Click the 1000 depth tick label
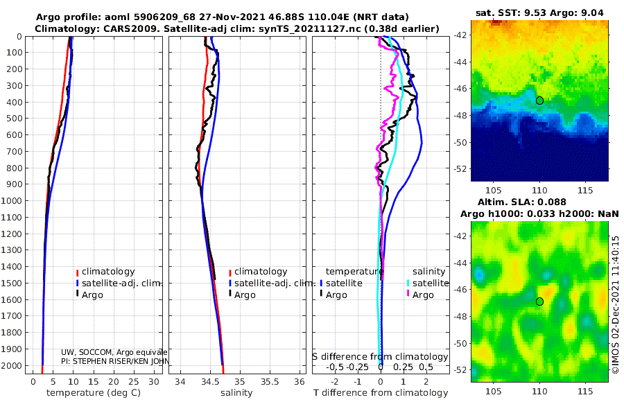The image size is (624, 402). (x=13, y=201)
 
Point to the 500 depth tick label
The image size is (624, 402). (x=15, y=119)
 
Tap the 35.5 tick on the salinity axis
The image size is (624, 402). (x=270, y=381)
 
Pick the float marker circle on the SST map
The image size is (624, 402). (x=539, y=101)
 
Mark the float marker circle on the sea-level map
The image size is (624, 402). (x=539, y=301)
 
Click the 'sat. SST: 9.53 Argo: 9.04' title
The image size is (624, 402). (x=540, y=13)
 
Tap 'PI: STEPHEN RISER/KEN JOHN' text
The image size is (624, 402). (x=115, y=361)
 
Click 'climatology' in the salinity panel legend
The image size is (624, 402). (x=261, y=272)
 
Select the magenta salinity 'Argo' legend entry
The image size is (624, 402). (x=423, y=295)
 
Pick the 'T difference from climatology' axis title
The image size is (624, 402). (x=381, y=393)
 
